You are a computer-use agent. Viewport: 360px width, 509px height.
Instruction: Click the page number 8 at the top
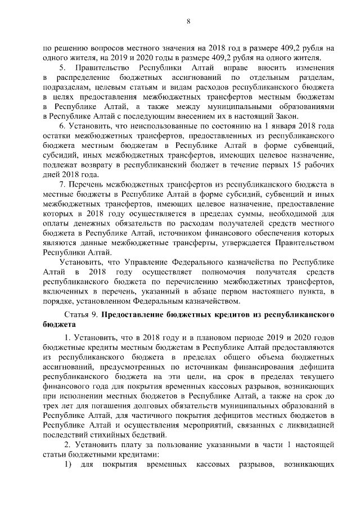pyautogui.click(x=188, y=21)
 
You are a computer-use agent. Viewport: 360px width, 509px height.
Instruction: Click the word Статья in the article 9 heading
pyautogui.click(x=79, y=314)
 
